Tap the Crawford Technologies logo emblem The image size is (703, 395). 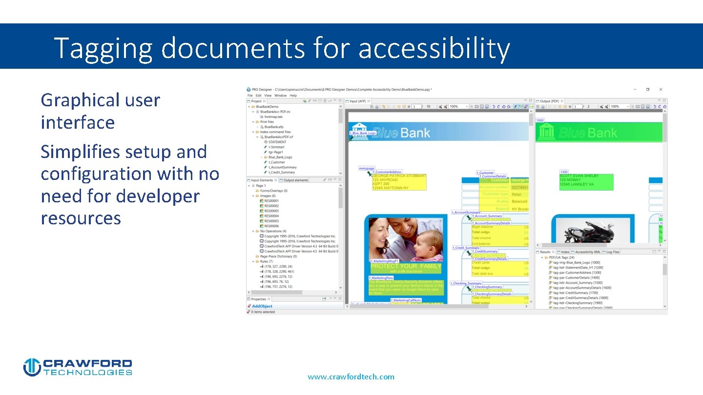pyautogui.click(x=32, y=367)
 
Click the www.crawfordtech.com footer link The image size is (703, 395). pyautogui.click(x=351, y=376)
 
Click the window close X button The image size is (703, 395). pyautogui.click(x=661, y=89)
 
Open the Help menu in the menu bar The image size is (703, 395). pyautogui.click(x=293, y=96)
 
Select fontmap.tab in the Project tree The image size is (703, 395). pyautogui.click(x=273, y=117)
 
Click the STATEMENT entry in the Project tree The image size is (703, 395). pyautogui.click(x=277, y=142)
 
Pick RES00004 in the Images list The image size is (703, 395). pyautogui.click(x=271, y=216)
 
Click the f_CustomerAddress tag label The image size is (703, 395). pyautogui.click(x=387, y=172)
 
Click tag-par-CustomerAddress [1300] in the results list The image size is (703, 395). pyautogui.click(x=577, y=273)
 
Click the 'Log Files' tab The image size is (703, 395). pyautogui.click(x=613, y=252)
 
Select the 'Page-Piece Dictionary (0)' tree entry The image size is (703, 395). pyautogui.click(x=278, y=256)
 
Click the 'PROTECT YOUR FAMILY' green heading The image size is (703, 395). pyautogui.click(x=406, y=266)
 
